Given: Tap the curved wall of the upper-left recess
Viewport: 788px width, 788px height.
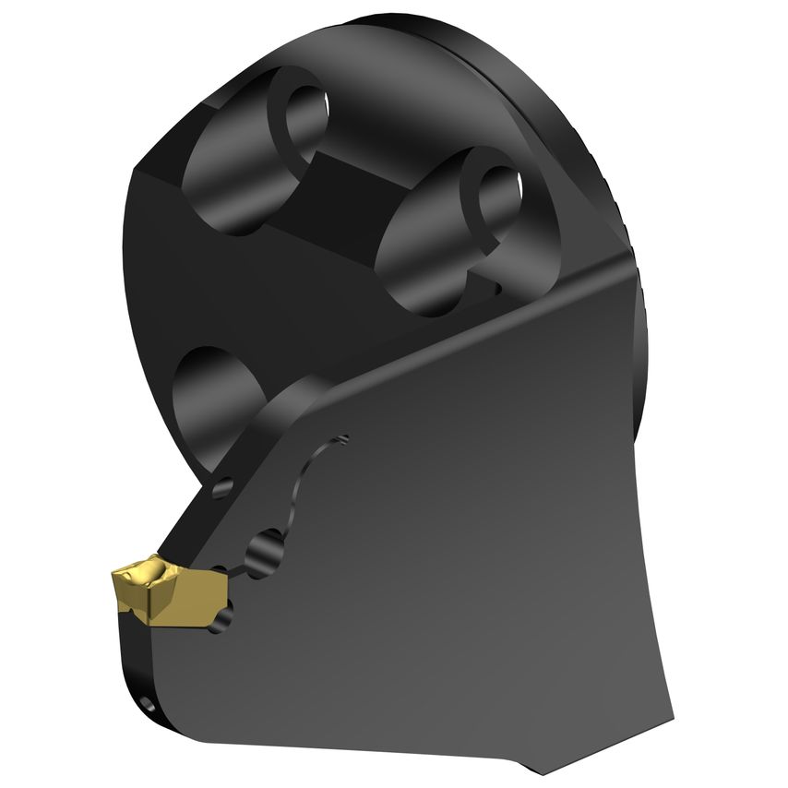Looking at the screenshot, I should pyautogui.click(x=231, y=185).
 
